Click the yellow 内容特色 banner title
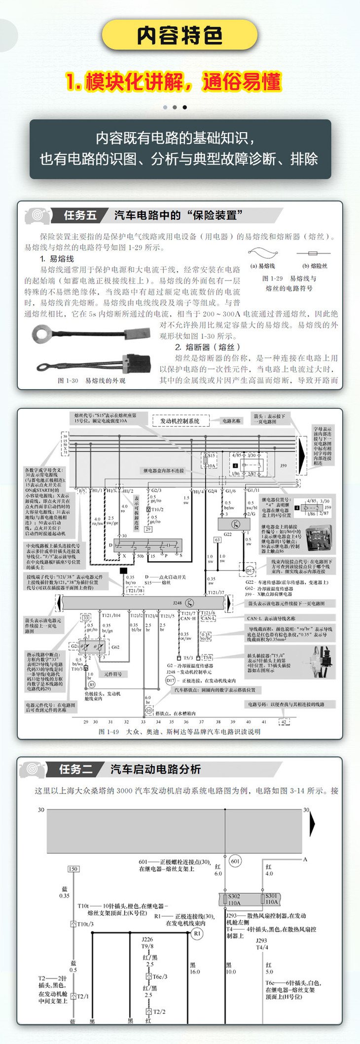[180, 36]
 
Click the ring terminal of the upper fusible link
[40, 334]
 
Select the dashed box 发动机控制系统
[180, 421]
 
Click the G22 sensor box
[235, 523]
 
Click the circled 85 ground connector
[92, 684]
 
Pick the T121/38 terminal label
[135, 590]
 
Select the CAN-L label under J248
[208, 618]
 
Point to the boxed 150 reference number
[73, 869]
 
